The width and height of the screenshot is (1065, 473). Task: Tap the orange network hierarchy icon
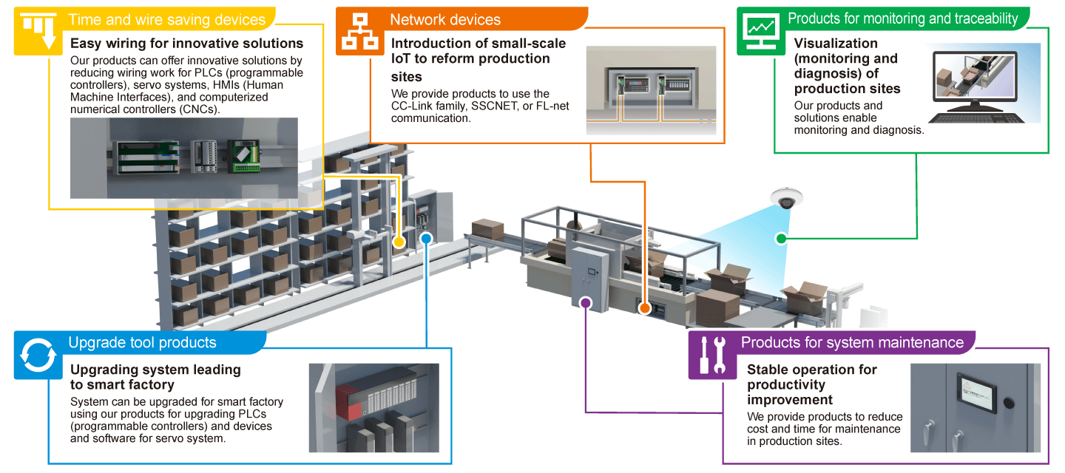tap(360, 31)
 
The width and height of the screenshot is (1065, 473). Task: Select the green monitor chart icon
tap(760, 31)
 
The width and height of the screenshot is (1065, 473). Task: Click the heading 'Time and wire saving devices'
tap(166, 20)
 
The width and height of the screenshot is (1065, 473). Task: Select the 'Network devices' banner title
tap(445, 20)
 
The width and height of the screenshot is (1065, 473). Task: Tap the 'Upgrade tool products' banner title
tap(142, 342)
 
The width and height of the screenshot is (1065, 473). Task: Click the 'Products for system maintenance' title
tap(852, 342)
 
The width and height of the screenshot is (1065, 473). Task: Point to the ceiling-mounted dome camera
tap(783, 198)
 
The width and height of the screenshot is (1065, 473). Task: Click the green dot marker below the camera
tap(780, 238)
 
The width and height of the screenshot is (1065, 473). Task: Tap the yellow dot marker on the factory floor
tap(399, 242)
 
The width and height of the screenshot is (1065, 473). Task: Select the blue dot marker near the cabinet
tap(426, 238)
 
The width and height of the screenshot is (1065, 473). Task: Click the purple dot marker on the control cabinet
tap(586, 302)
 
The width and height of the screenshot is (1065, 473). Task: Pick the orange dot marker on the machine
tap(643, 307)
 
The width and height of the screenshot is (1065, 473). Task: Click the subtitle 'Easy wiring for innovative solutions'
tap(186, 44)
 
